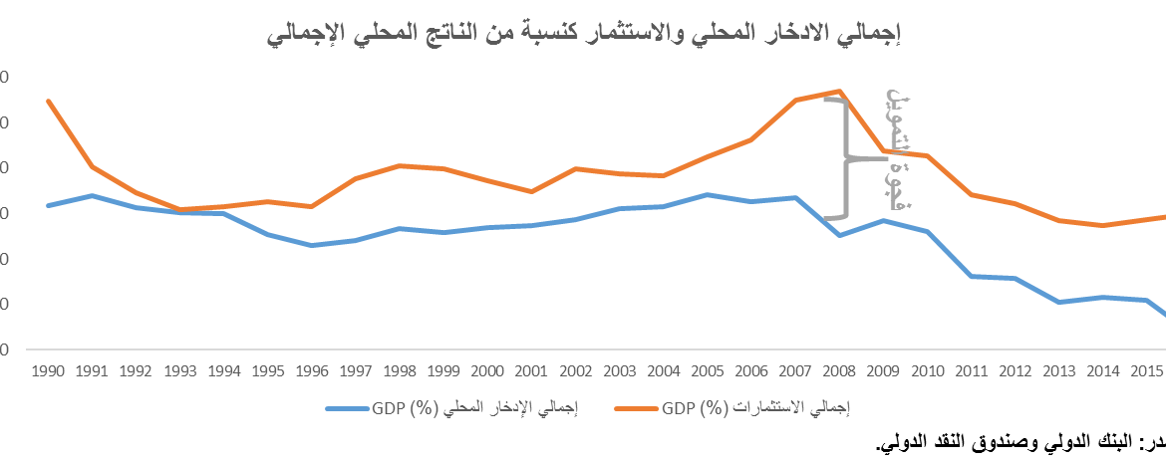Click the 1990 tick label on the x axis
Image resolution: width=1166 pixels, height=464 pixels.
pyautogui.click(x=48, y=371)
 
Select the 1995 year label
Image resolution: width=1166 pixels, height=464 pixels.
pyautogui.click(x=269, y=371)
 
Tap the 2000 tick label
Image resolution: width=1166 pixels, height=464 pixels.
pyautogui.click(x=485, y=371)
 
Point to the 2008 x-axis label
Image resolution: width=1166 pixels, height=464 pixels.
pyautogui.click(x=839, y=371)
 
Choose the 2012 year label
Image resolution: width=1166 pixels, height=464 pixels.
pyautogui.click(x=1014, y=371)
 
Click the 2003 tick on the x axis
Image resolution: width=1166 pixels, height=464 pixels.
pyautogui.click(x=619, y=371)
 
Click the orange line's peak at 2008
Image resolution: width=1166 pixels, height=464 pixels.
pyautogui.click(x=840, y=91)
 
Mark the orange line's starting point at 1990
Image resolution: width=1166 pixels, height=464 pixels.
pyautogui.click(x=48, y=101)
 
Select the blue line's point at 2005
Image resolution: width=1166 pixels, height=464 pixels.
pyautogui.click(x=708, y=194)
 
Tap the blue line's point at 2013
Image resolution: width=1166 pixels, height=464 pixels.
pyautogui.click(x=1059, y=302)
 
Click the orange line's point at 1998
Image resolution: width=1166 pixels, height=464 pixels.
pyautogui.click(x=399, y=165)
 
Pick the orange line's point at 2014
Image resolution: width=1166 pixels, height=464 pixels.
pyautogui.click(x=1102, y=225)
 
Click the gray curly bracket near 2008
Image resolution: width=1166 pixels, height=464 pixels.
pyautogui.click(x=843, y=157)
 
